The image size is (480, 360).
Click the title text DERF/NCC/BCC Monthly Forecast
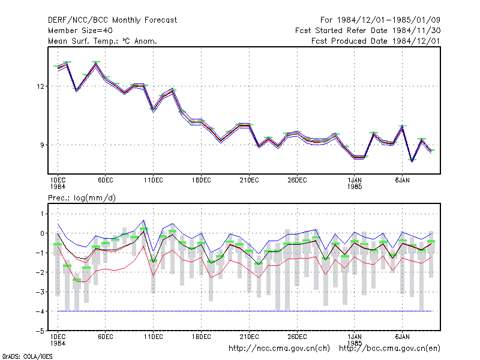[112, 20]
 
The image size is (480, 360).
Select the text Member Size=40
[80, 31]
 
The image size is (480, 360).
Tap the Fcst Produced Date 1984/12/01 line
[376, 41]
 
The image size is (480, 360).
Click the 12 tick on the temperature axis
[41, 86]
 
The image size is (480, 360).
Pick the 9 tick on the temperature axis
[42, 145]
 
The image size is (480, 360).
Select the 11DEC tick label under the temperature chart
[154, 181]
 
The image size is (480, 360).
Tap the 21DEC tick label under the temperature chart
[249, 181]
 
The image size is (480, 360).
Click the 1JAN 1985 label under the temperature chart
[355, 184]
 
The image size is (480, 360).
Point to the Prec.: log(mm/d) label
[82, 198]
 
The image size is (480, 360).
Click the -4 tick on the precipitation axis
[40, 311]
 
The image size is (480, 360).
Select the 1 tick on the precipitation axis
[42, 214]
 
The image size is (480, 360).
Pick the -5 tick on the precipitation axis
[40, 331]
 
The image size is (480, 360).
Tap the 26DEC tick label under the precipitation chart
[297, 337]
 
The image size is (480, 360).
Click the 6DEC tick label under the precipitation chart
[106, 337]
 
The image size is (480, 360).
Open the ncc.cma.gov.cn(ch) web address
[279, 349]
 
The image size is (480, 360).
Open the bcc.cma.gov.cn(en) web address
[389, 349]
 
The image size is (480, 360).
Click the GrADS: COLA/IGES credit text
[27, 356]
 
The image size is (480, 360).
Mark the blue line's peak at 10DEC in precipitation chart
[143, 220]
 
